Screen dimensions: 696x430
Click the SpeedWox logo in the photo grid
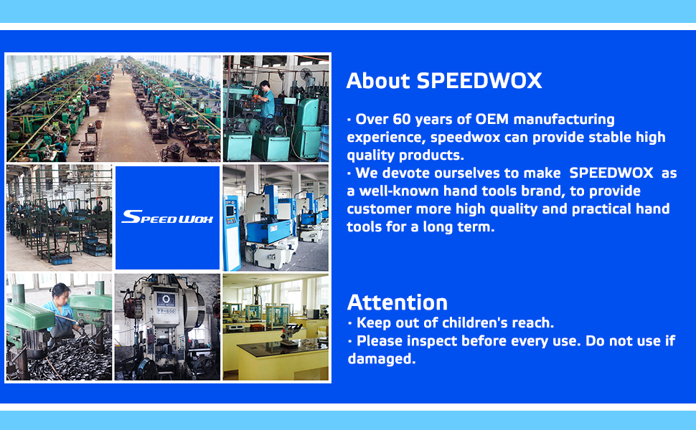167,216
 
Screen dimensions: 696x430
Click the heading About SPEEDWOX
444,81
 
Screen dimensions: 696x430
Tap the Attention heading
398,302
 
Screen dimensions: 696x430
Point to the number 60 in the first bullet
402,119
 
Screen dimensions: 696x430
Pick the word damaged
381,358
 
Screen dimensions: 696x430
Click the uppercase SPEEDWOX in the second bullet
611,173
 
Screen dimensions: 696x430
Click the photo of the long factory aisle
113,109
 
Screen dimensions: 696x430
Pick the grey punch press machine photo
167,327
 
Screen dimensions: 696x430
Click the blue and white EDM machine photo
276,218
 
